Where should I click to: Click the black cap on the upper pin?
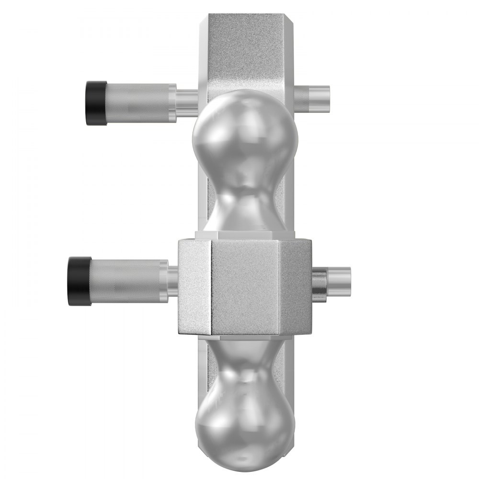pos(96,103)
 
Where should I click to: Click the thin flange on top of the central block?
pos(244,235)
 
